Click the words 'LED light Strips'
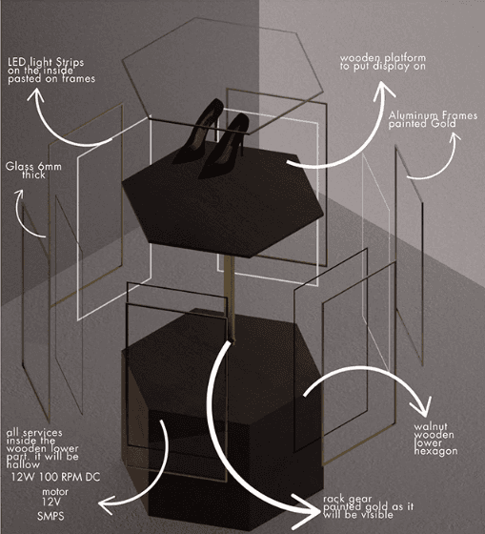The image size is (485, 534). click(46, 63)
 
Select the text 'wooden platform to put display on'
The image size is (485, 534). click(382, 62)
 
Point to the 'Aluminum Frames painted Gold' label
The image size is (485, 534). click(433, 119)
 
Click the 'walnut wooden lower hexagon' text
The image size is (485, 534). click(435, 439)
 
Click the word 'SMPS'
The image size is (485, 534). click(51, 516)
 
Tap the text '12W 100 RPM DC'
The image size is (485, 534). click(55, 477)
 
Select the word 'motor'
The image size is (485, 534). click(55, 492)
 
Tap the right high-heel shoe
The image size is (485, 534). click(225, 147)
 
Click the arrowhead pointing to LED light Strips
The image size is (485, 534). click(35, 95)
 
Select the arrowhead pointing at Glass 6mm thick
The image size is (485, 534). click(19, 195)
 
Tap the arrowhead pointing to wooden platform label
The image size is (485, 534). click(384, 91)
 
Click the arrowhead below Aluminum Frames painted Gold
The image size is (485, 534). click(455, 137)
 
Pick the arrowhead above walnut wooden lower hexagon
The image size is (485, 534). click(422, 407)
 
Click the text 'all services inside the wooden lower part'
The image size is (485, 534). click(42, 448)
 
